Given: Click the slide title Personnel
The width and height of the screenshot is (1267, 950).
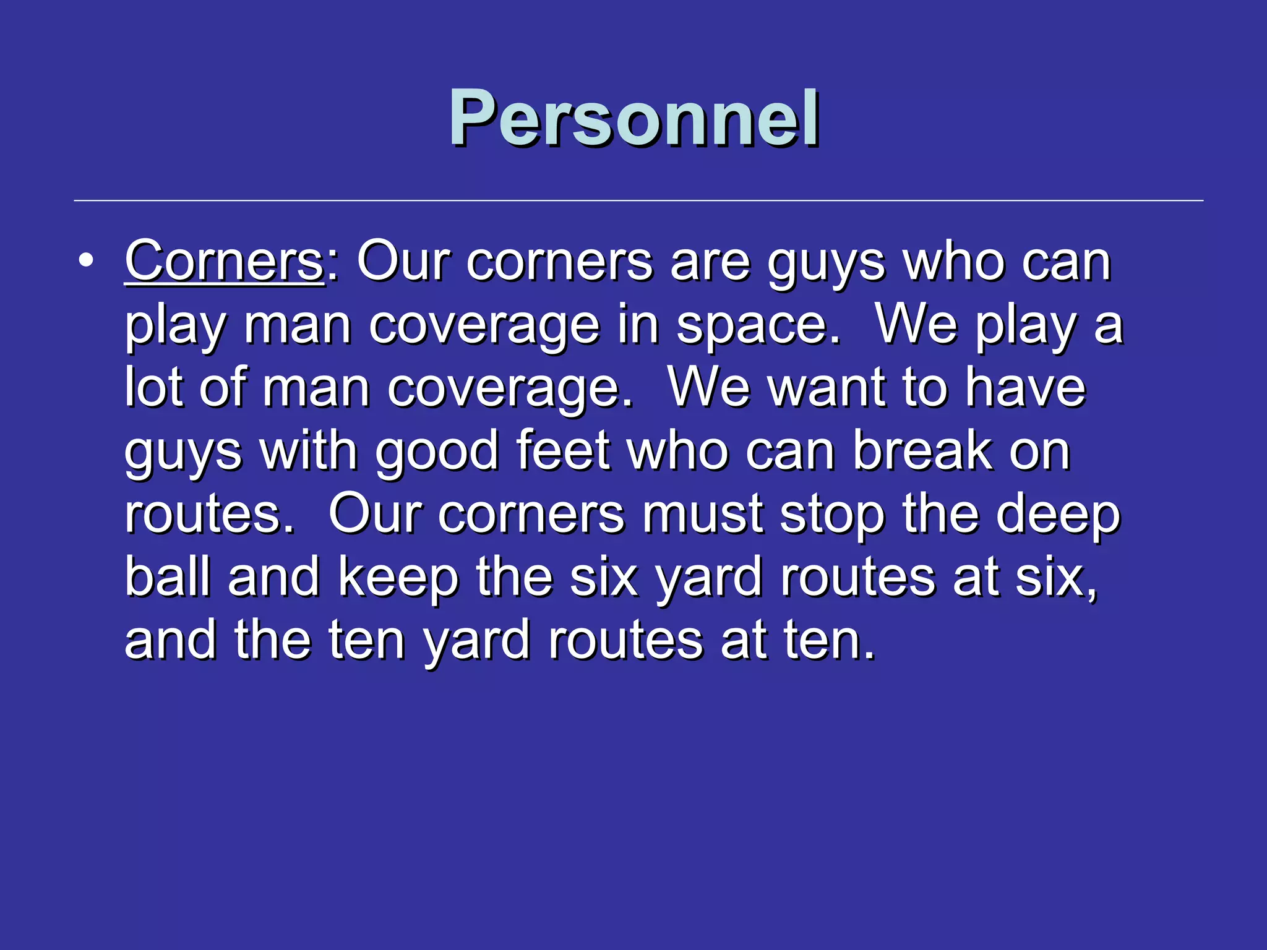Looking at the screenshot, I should [634, 118].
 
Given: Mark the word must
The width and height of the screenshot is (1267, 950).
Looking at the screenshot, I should [702, 515].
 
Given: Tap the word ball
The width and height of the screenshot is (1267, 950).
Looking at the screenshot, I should [168, 577].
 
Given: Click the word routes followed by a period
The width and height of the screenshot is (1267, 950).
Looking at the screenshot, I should [207, 515].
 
